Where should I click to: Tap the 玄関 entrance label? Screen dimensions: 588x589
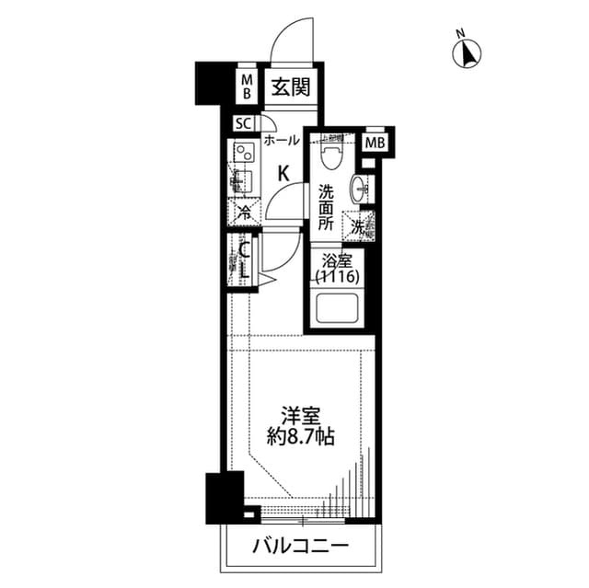(x=289, y=88)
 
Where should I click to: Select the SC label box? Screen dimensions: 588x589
(x=243, y=124)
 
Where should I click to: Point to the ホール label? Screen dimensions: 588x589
(x=281, y=141)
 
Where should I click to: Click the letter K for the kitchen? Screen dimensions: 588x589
(x=284, y=172)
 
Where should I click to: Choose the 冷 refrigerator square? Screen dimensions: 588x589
(x=244, y=212)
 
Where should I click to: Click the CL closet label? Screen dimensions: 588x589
(x=245, y=259)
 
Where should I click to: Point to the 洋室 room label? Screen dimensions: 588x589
(x=296, y=415)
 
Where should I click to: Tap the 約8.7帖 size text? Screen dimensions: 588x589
(x=296, y=437)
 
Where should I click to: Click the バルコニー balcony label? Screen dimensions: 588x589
(x=300, y=547)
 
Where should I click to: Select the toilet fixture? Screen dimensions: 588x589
(x=333, y=155)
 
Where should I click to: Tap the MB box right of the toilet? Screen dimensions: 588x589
(x=375, y=143)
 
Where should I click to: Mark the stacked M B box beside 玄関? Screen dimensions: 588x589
(x=247, y=87)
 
